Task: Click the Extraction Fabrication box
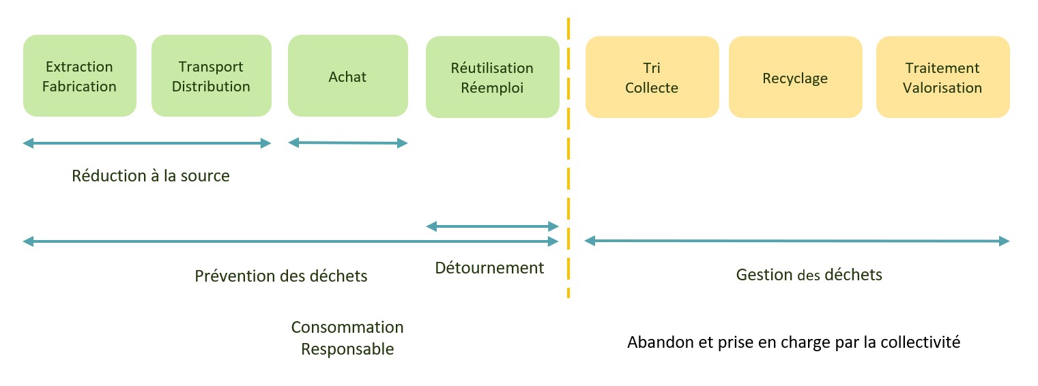[x=79, y=76]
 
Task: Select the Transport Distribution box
[x=211, y=76]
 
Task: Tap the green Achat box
[x=347, y=76]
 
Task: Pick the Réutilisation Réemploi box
[x=492, y=78]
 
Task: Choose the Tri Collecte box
[x=652, y=78]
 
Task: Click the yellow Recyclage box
[x=795, y=78]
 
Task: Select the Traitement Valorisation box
[x=942, y=78]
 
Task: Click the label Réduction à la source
[x=151, y=176]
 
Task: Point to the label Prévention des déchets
[x=281, y=276]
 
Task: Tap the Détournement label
[x=490, y=268]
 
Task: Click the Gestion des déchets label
[x=809, y=275]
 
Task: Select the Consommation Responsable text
[x=347, y=338]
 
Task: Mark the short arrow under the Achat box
[x=347, y=143]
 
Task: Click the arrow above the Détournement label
[x=492, y=226]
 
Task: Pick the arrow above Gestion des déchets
[x=796, y=241]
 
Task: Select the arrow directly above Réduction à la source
[x=147, y=143]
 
